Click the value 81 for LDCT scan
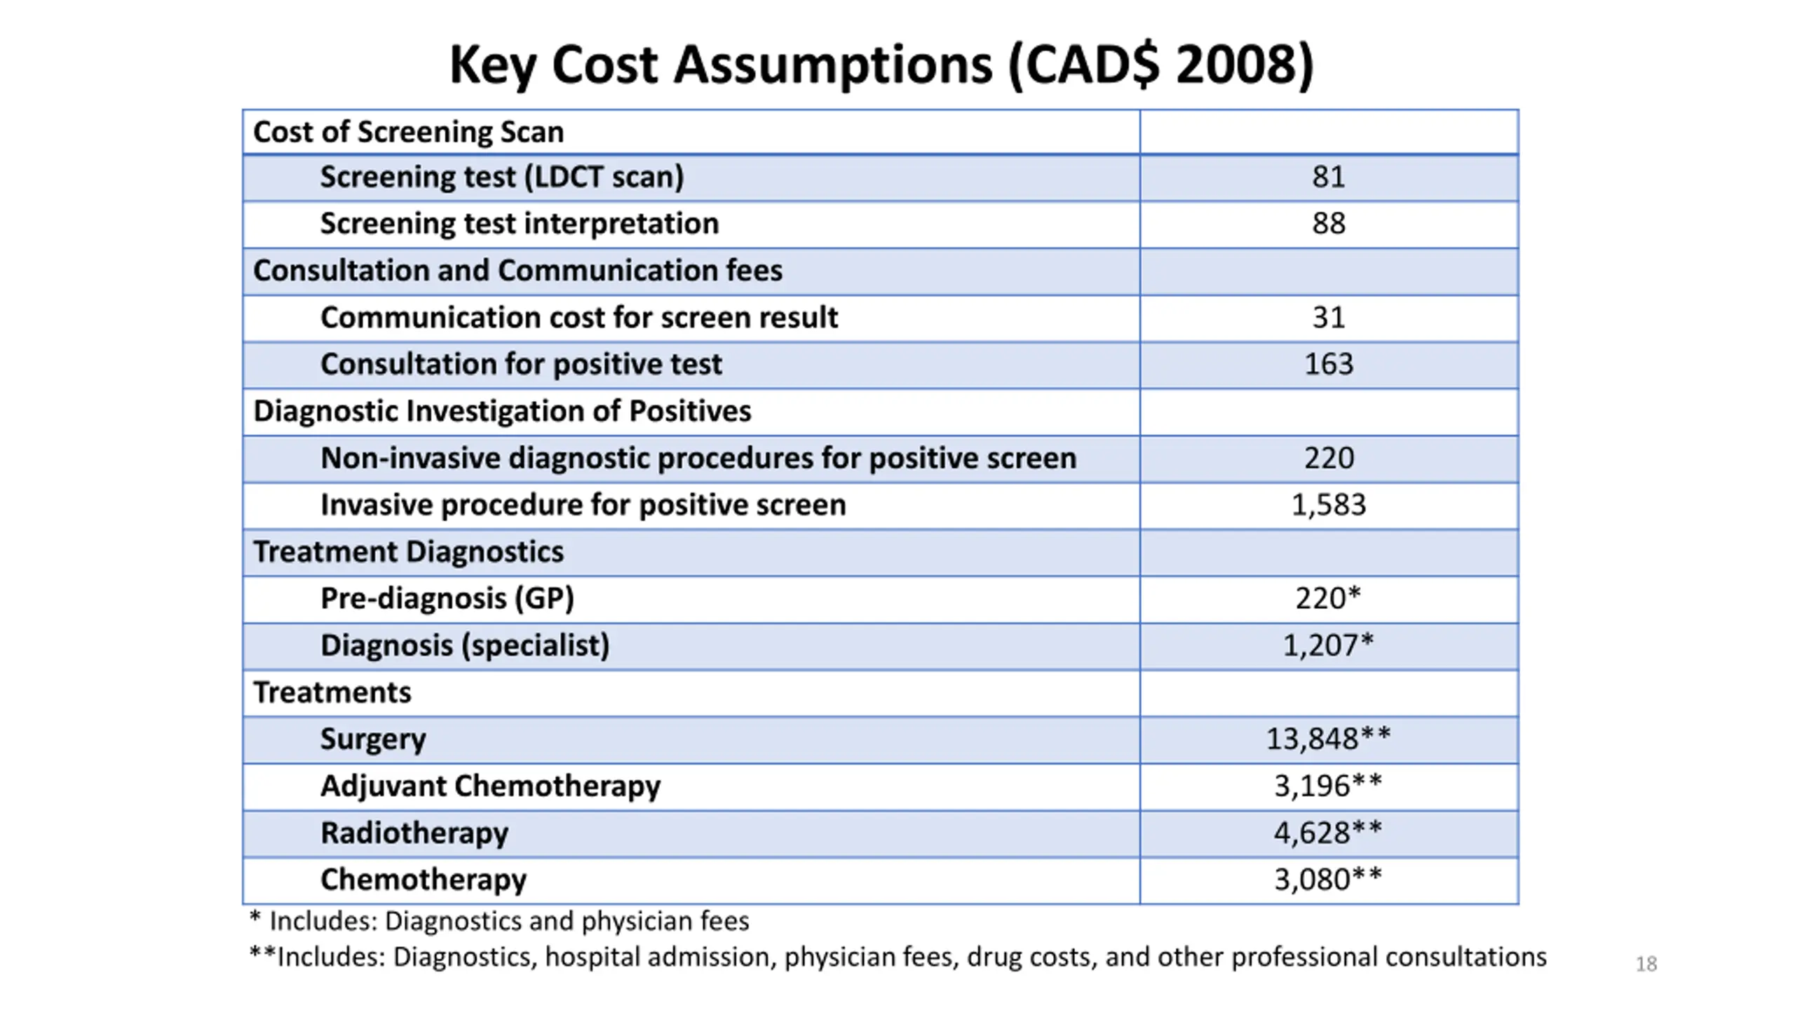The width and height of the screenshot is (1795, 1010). point(1329,177)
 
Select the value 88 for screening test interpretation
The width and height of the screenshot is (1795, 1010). point(1329,224)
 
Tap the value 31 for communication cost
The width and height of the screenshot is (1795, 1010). point(1329,318)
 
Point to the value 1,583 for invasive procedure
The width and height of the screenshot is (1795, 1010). point(1329,505)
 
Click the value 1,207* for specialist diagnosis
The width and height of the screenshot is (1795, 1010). point(1328,645)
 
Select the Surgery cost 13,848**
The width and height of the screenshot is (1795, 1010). point(1328,739)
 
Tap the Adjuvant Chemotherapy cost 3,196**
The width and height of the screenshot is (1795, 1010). point(1328,786)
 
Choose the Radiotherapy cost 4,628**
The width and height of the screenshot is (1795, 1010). point(1328,833)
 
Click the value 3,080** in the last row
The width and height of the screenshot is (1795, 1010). point(1328,880)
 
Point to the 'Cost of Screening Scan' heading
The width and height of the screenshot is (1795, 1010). point(408,132)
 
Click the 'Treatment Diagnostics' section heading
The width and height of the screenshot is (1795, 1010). point(408,552)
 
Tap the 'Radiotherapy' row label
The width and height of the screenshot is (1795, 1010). point(414,833)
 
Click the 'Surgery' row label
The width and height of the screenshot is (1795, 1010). point(373,739)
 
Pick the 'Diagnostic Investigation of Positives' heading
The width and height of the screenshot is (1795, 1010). point(502,411)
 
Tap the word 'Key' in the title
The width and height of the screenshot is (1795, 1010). point(492,65)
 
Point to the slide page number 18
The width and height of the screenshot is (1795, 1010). point(1646,964)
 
